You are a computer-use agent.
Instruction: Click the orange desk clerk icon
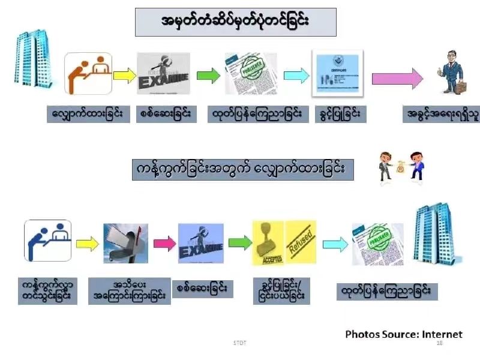[x=88, y=74]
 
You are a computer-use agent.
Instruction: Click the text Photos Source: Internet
[x=404, y=334]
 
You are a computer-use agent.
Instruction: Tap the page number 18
[x=439, y=343]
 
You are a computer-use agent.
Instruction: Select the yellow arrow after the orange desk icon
[x=124, y=75]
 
